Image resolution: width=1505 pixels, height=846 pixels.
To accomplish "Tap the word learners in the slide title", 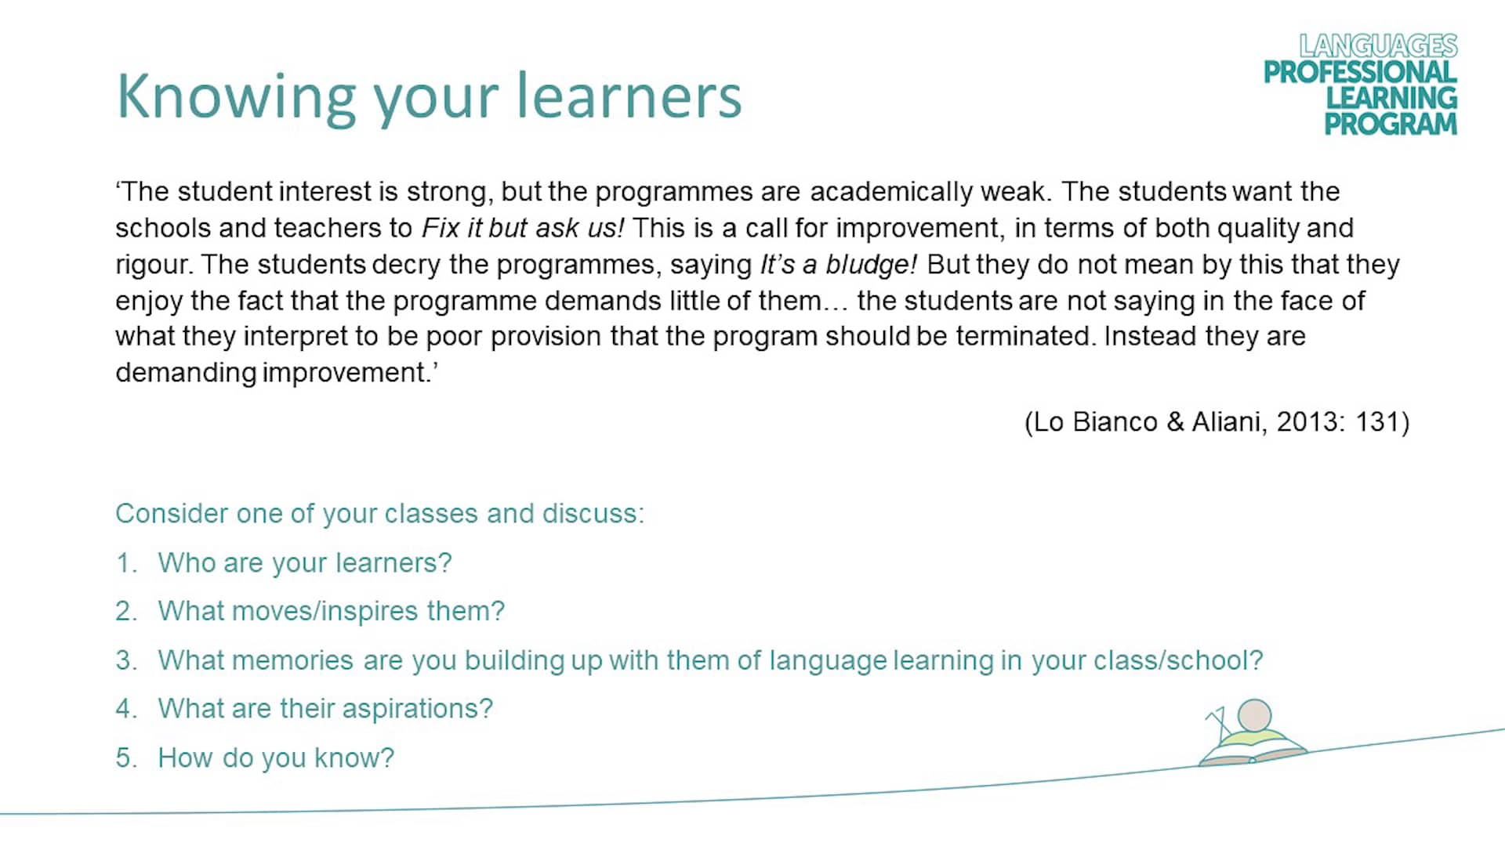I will pyautogui.click(x=629, y=97).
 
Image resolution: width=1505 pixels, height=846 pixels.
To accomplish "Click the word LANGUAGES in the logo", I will pyautogui.click(x=1378, y=45).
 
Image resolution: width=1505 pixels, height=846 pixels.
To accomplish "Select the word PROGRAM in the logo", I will pyautogui.click(x=1391, y=124).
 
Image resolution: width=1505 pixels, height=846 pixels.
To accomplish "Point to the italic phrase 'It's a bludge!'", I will pyautogui.click(x=838, y=265).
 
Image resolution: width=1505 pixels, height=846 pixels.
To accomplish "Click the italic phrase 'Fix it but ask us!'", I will pyautogui.click(x=523, y=228).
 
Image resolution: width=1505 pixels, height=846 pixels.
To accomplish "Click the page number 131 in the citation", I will pyautogui.click(x=1377, y=422).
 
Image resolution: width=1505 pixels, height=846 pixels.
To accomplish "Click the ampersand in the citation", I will pyautogui.click(x=1175, y=422).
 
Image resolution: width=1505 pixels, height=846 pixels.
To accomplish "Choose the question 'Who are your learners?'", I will pyautogui.click(x=305, y=563).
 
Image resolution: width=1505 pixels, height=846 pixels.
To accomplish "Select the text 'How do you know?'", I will pyautogui.click(x=276, y=758).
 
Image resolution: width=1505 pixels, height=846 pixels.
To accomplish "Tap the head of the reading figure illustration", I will pyautogui.click(x=1254, y=715).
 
